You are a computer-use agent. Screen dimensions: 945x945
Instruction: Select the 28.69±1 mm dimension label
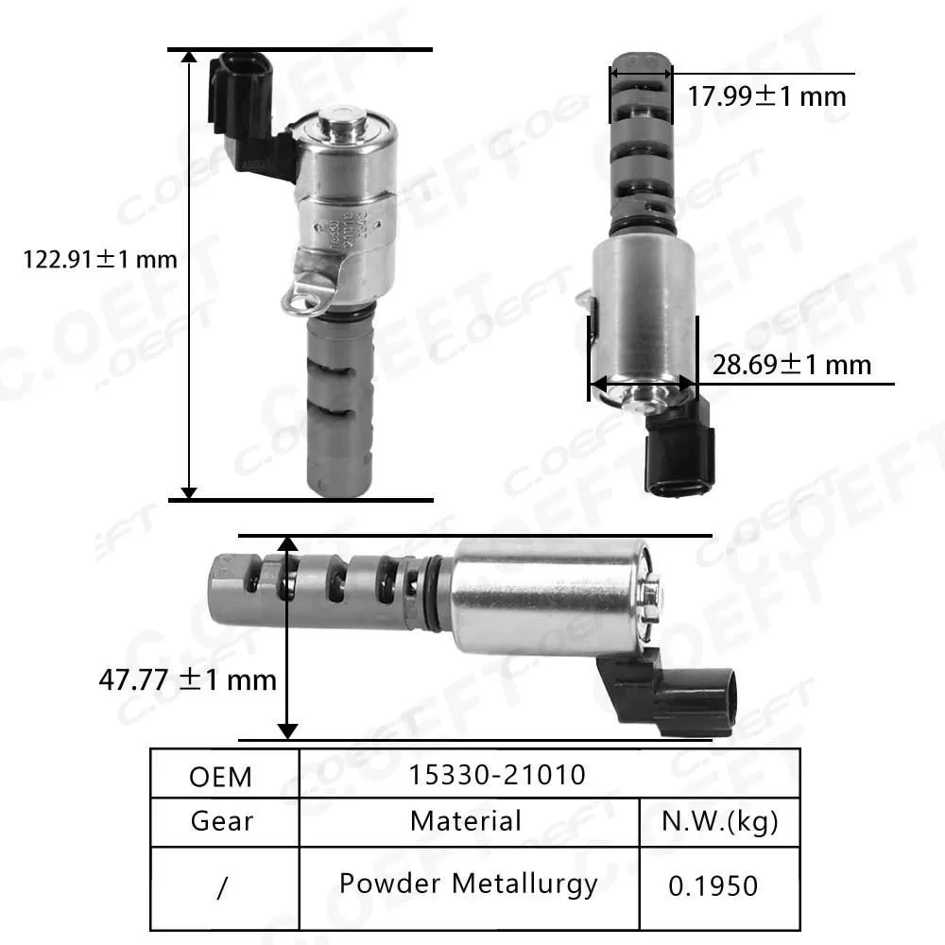pos(792,364)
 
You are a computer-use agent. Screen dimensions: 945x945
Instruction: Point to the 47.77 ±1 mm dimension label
pos(187,679)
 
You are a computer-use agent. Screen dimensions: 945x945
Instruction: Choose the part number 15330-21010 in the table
pos(497,775)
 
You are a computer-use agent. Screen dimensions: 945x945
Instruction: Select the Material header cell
pos(466,820)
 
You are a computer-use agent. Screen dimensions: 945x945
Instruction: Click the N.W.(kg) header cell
pos(721,821)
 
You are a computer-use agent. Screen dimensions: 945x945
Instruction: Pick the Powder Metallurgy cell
pos(469,884)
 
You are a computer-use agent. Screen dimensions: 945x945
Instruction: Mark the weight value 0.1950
pos(713,885)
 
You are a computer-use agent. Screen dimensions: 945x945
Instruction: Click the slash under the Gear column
pos(223,888)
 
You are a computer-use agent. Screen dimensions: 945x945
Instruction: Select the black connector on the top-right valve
pos(679,454)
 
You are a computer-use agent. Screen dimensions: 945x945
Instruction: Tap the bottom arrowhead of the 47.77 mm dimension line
pos(288,730)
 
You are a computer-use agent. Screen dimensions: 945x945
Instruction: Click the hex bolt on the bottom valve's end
pos(651,593)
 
